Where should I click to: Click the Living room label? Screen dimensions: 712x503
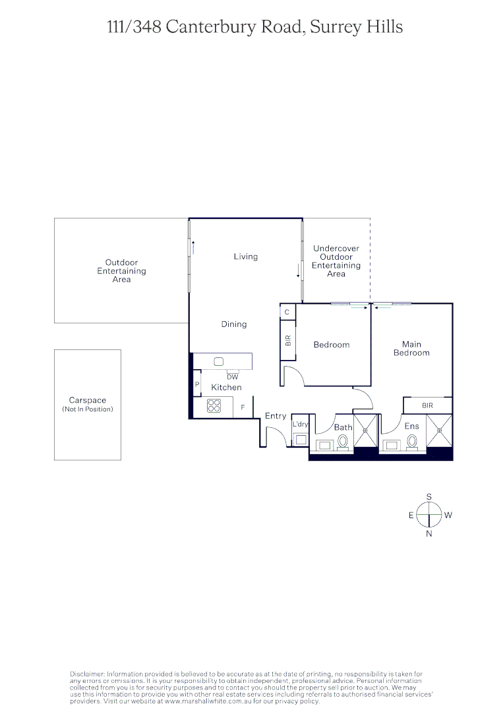coord(245,256)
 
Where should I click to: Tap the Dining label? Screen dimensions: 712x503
coord(233,324)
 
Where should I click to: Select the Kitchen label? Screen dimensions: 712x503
coord(226,388)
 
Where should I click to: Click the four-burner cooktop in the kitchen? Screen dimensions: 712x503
coord(214,406)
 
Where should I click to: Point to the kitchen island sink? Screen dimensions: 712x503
coord(219,362)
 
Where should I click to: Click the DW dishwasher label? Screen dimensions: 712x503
coord(232,377)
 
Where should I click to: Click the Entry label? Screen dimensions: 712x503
coord(276,416)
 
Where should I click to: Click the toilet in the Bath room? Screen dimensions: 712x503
coord(343,441)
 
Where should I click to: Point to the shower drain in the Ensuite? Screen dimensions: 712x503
coord(439,430)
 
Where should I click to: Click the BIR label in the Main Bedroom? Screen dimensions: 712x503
coord(428,405)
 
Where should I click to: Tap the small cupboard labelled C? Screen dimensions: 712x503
coord(287,312)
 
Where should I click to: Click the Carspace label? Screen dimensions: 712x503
coord(87,400)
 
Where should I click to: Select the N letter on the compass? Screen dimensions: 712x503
coord(429,534)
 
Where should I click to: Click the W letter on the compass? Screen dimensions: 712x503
coord(448,516)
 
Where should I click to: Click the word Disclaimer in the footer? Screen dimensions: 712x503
coord(87,674)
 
